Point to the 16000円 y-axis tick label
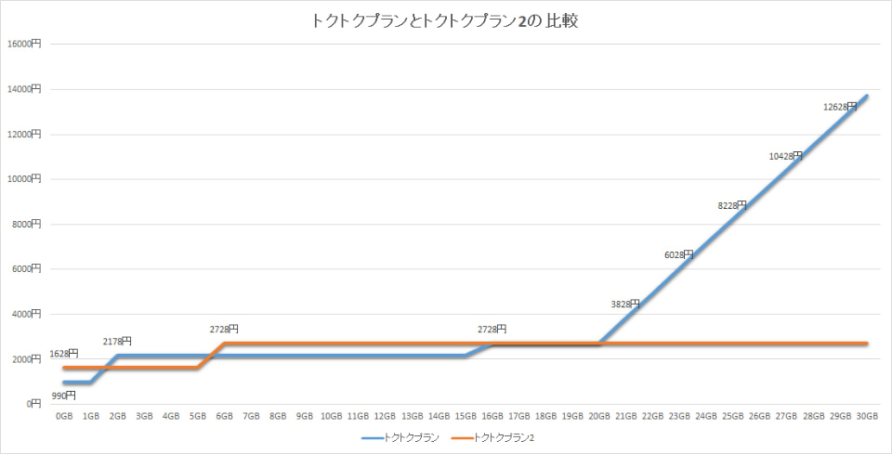click(23, 44)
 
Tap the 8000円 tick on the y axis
click(25, 224)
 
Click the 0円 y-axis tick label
click(32, 404)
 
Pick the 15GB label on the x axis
click(466, 417)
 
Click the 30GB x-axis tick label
click(867, 417)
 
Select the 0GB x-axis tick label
click(64, 417)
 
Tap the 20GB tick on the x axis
click(599, 417)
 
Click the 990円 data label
click(64, 396)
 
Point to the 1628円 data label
click(64, 353)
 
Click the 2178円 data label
click(117, 342)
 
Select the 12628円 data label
click(840, 107)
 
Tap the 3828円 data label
click(626, 304)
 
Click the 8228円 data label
click(733, 205)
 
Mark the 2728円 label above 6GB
click(224, 329)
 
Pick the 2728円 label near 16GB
click(492, 329)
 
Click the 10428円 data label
click(786, 156)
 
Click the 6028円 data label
click(679, 254)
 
